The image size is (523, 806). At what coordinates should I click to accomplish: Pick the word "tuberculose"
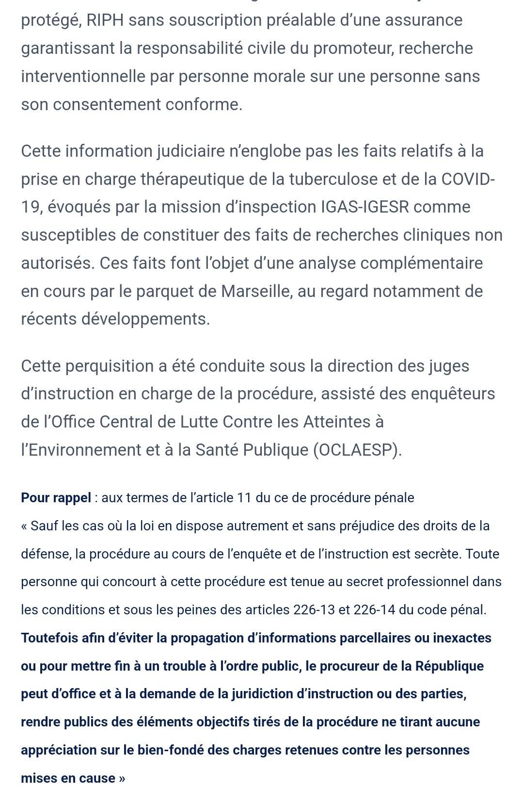(x=333, y=179)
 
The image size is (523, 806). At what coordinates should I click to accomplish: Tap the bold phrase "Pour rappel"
(x=56, y=498)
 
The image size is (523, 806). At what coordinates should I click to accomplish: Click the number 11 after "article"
(x=244, y=498)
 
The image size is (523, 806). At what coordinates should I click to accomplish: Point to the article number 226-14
(x=374, y=610)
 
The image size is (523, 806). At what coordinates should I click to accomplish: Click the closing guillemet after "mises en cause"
(x=122, y=778)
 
